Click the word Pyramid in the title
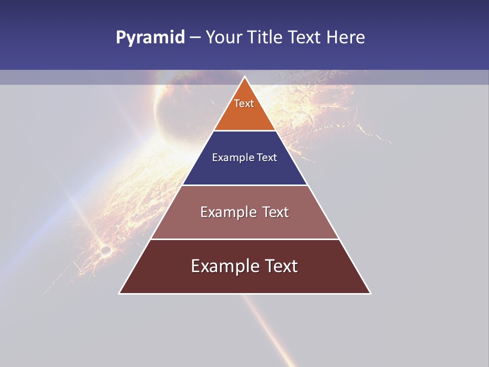[150, 38]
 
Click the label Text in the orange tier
[244, 103]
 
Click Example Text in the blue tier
[244, 158]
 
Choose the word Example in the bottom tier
[224, 266]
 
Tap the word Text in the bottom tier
[282, 266]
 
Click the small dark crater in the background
[105, 250]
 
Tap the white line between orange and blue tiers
[244, 130]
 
